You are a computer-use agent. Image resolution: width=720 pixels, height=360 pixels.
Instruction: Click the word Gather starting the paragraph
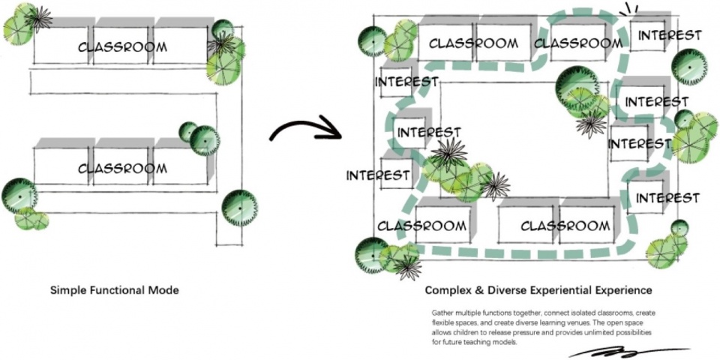[440, 312]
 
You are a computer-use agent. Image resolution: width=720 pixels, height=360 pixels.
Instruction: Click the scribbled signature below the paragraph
[629, 352]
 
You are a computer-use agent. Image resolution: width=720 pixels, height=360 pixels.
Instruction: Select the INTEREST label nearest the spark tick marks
[670, 35]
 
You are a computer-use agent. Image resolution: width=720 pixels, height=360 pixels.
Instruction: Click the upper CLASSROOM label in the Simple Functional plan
[122, 46]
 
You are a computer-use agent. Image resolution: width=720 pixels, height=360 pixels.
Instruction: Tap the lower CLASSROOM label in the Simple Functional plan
[122, 168]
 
